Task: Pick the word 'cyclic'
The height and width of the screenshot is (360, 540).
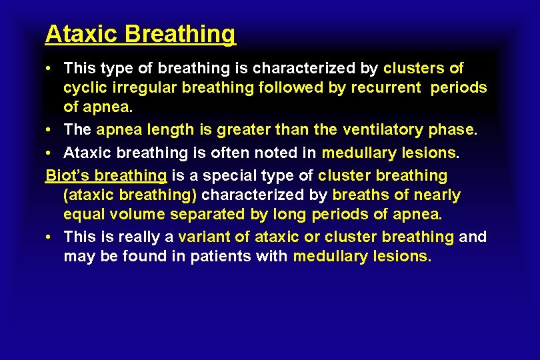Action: (83, 88)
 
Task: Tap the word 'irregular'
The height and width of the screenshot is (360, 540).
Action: (136, 87)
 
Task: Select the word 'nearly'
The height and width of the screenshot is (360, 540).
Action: (437, 195)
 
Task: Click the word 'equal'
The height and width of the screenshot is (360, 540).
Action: (83, 215)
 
